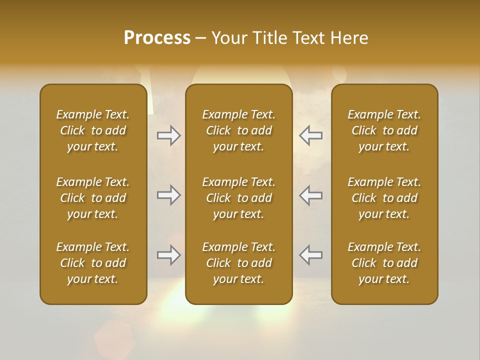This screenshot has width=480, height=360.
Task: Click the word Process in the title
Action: click(x=157, y=38)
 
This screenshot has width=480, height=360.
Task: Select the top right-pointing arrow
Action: click(x=169, y=135)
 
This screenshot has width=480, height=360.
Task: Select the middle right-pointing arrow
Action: click(x=169, y=195)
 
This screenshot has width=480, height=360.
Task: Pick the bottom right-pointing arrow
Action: click(x=169, y=255)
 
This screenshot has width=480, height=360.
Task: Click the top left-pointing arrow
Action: click(x=311, y=135)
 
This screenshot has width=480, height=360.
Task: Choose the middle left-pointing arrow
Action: click(x=311, y=195)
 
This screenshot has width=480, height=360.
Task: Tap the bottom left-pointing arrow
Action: click(x=311, y=255)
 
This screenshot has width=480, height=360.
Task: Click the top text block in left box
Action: click(x=93, y=130)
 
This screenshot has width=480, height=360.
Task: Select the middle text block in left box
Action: click(x=93, y=198)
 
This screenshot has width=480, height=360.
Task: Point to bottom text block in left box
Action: click(x=93, y=263)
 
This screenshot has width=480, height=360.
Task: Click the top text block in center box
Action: click(x=239, y=130)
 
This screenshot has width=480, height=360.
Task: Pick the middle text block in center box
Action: click(x=239, y=198)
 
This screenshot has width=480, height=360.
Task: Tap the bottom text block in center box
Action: click(x=239, y=263)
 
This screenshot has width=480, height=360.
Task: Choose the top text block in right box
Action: click(x=384, y=130)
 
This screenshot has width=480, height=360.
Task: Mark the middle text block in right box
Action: click(x=384, y=198)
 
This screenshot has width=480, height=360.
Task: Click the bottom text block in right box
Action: click(x=384, y=263)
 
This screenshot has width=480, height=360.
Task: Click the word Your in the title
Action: click(x=228, y=38)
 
